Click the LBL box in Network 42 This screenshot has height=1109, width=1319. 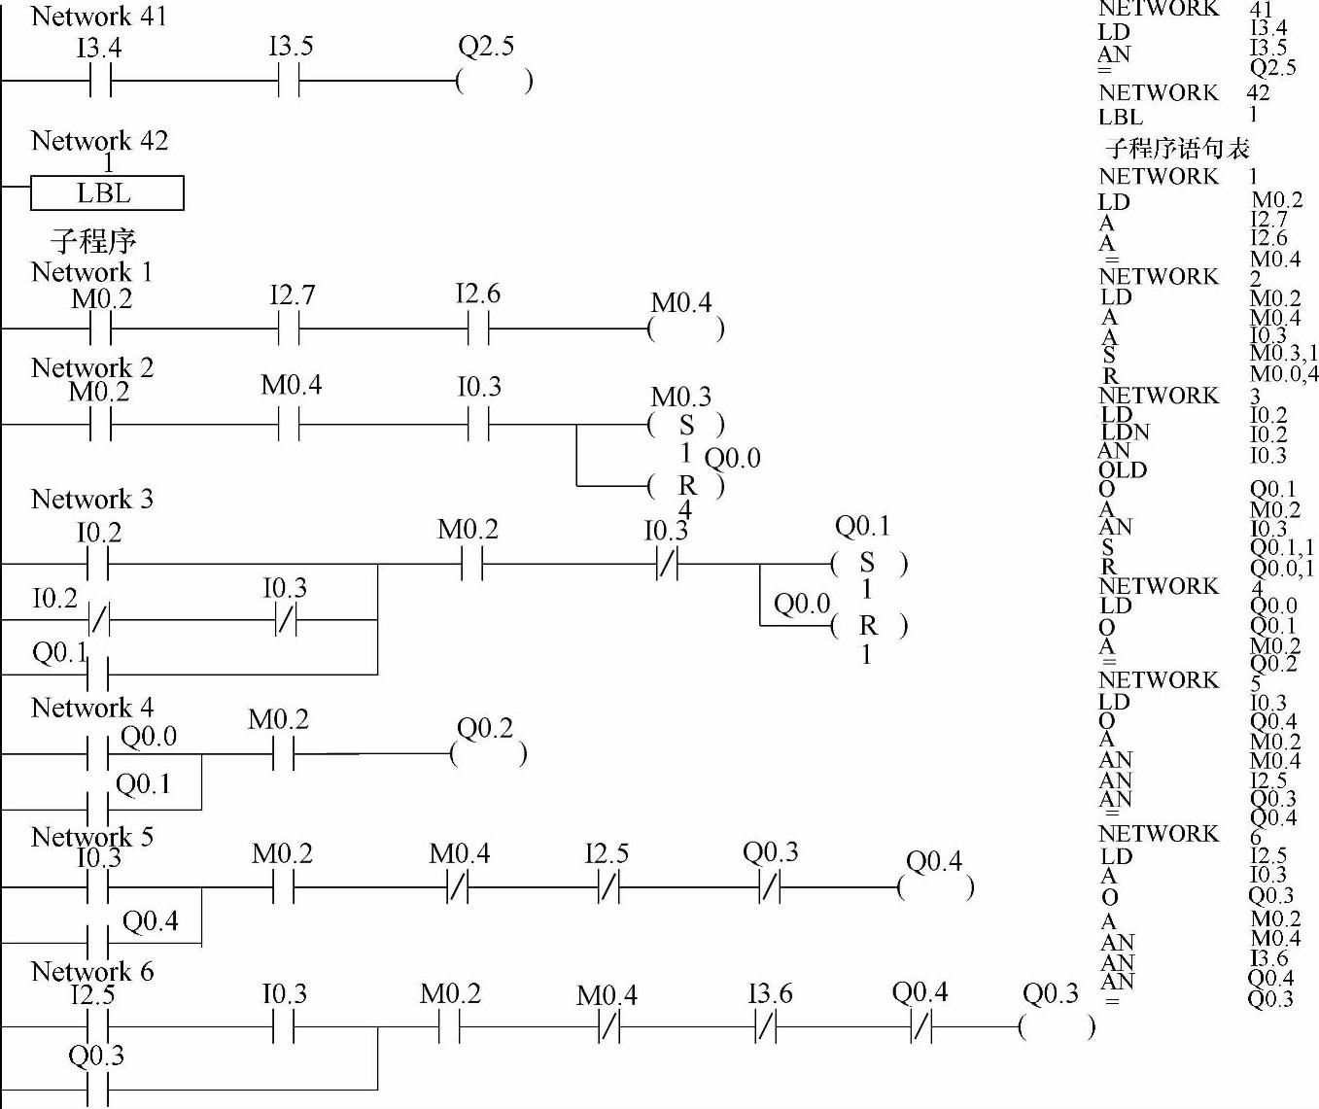tap(107, 193)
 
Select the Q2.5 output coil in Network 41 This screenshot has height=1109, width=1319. tap(494, 82)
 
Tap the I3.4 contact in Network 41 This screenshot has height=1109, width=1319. tap(100, 82)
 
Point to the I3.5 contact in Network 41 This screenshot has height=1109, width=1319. tap(289, 82)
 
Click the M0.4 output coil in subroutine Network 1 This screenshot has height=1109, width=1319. tap(685, 329)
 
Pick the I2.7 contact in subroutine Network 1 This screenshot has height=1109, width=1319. tap(289, 329)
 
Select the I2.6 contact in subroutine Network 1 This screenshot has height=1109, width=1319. tap(477, 329)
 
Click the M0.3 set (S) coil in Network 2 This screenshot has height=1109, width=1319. tap(686, 425)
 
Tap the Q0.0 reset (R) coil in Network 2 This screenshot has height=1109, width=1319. tap(686, 485)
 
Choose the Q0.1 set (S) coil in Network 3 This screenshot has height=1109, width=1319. tap(868, 564)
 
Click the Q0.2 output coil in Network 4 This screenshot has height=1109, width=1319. tap(489, 753)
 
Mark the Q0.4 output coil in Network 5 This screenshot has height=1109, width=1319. tap(935, 887)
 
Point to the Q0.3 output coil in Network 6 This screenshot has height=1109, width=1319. tap(1057, 1026)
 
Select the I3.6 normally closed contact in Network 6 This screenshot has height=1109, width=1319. tap(767, 1026)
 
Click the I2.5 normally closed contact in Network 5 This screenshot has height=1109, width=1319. tap(608, 887)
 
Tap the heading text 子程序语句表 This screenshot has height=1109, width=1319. tap(1177, 149)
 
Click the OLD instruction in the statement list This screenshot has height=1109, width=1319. tap(1123, 470)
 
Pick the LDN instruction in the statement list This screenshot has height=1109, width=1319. tap(1125, 433)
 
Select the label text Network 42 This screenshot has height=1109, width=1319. tap(99, 142)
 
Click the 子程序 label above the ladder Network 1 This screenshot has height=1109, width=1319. tap(93, 240)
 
